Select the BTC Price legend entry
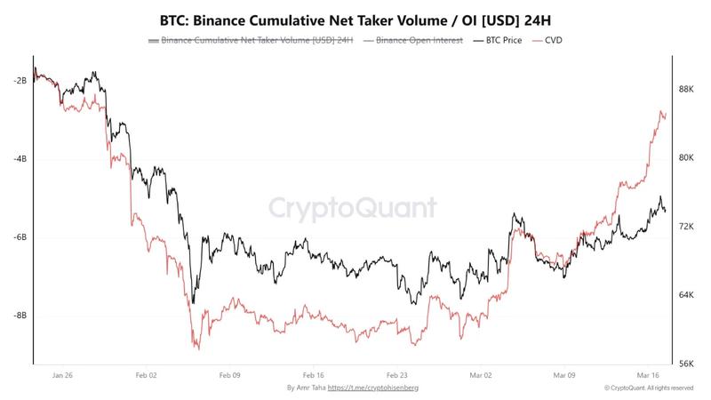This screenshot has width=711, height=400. (499, 40)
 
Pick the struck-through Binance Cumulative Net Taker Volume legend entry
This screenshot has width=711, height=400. (254, 40)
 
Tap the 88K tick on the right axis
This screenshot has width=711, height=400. (686, 90)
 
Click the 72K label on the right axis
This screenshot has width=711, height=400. (686, 227)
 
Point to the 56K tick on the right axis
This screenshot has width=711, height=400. (686, 364)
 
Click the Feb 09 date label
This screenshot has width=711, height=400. (230, 375)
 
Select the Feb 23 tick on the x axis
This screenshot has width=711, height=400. (397, 375)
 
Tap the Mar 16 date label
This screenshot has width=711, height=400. (647, 375)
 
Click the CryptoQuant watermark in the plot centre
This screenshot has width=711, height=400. (354, 208)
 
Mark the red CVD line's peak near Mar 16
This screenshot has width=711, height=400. (661, 111)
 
